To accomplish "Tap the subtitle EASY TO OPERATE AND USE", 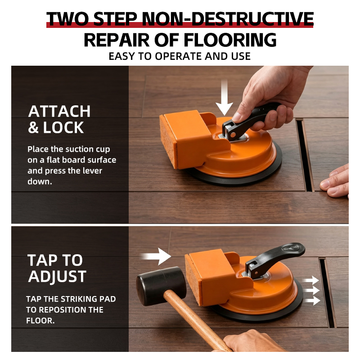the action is pyautogui.click(x=180, y=56).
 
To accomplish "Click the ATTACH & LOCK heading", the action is pyautogui.click(x=59, y=119).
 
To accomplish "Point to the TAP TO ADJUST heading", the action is pyautogui.click(x=57, y=268).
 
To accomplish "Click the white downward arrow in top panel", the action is pyautogui.click(x=224, y=97).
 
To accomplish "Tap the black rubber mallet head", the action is pyautogui.click(x=161, y=286).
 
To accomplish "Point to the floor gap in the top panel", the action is pyautogui.click(x=304, y=155).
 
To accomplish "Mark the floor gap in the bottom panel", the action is pyautogui.click(x=328, y=293).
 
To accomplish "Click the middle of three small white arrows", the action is pyautogui.click(x=311, y=290).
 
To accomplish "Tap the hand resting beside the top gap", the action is pyautogui.click(x=335, y=181).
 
